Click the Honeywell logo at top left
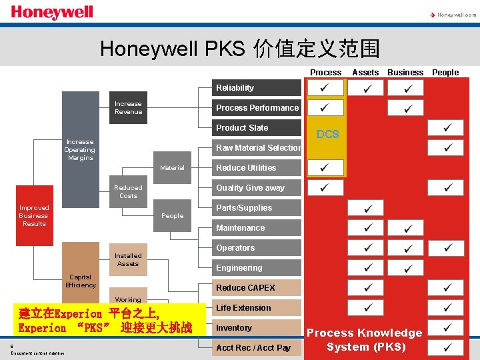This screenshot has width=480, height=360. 52,13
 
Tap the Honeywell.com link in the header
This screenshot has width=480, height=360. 453,14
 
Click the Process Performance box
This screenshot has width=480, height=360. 257,108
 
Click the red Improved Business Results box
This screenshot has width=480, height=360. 34,216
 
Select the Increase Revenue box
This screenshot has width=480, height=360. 128,108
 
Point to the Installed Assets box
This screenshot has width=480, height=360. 128,260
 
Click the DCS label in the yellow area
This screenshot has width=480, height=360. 327,134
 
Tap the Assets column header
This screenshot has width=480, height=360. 365,72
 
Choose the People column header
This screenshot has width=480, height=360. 445,72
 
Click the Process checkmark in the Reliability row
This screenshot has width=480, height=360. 325,88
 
